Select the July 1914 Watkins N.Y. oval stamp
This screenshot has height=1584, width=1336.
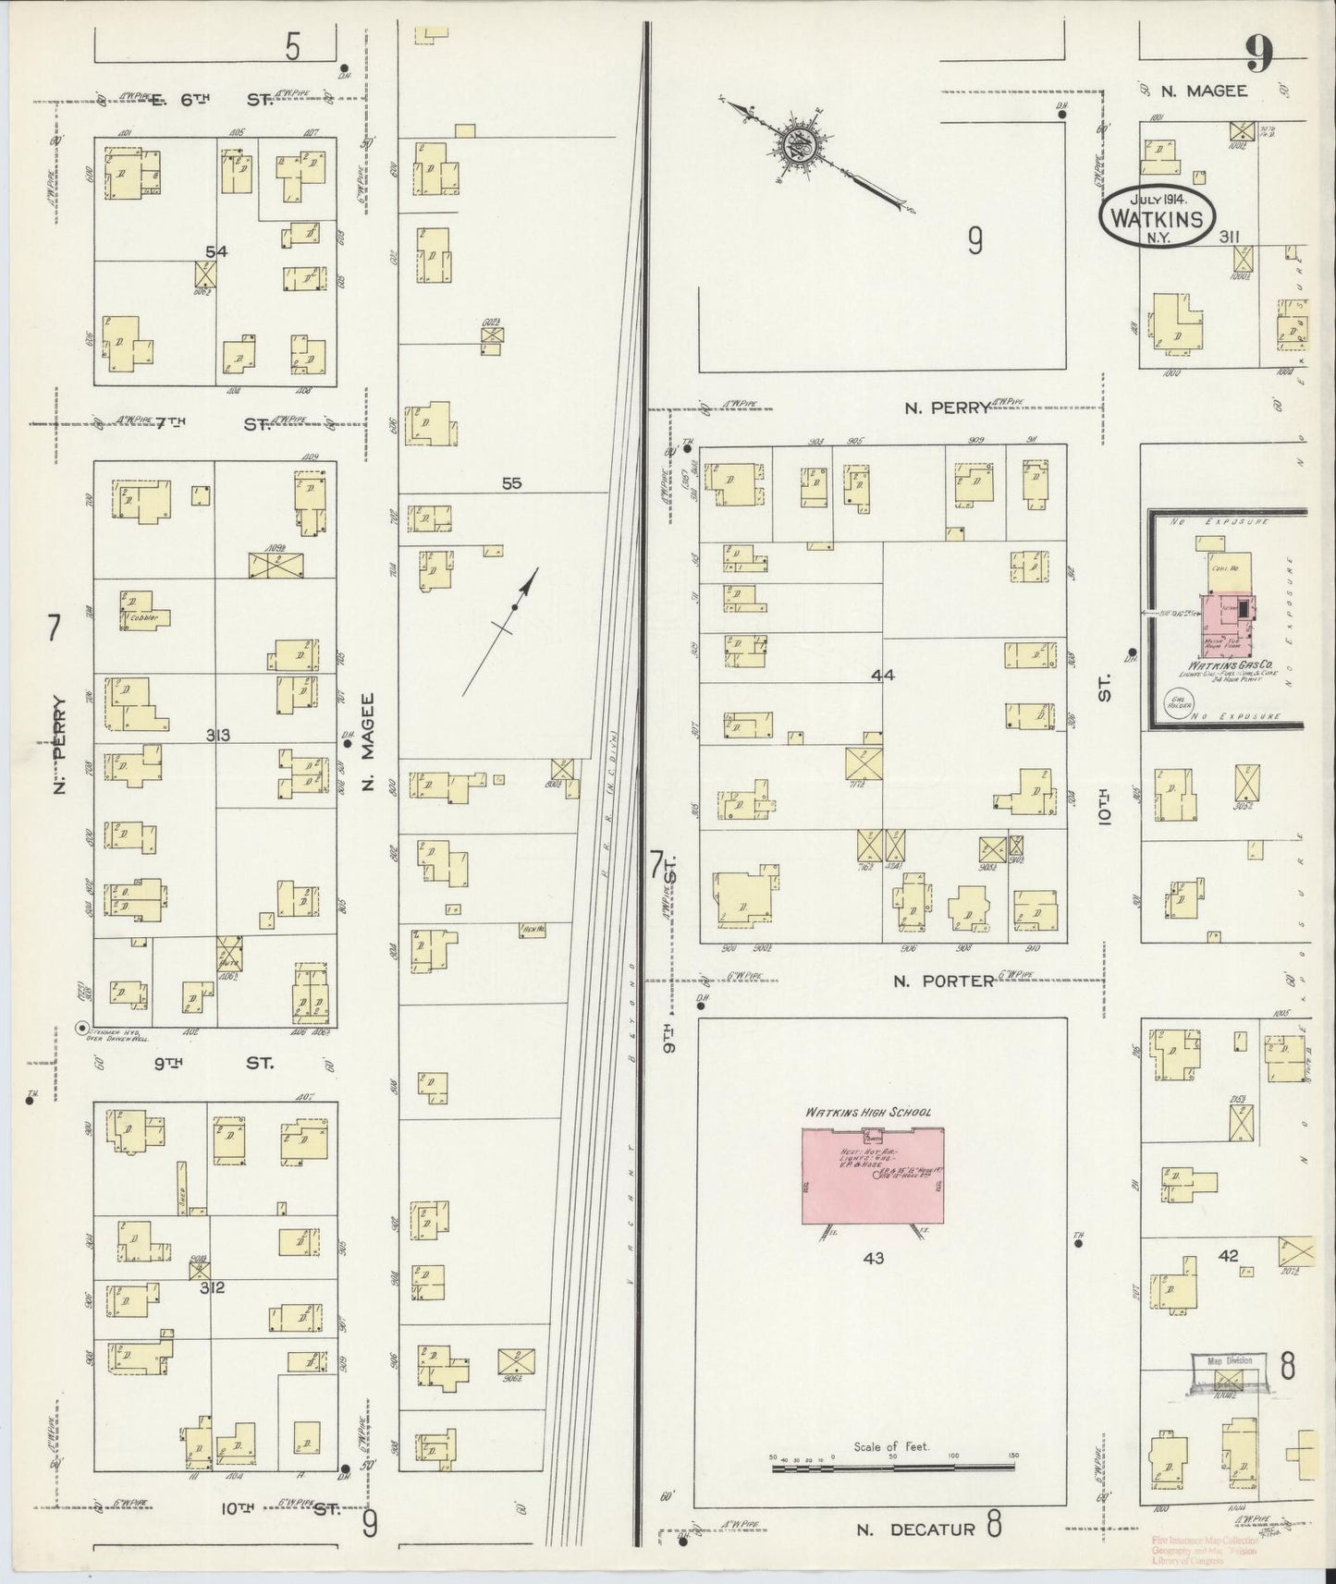(1157, 216)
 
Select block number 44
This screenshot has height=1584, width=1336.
(882, 676)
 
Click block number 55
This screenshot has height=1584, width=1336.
(511, 482)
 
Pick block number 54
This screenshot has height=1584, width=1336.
(216, 251)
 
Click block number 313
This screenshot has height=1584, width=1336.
(217, 736)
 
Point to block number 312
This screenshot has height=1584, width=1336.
(214, 1286)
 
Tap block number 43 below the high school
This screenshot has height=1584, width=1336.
(873, 1258)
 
